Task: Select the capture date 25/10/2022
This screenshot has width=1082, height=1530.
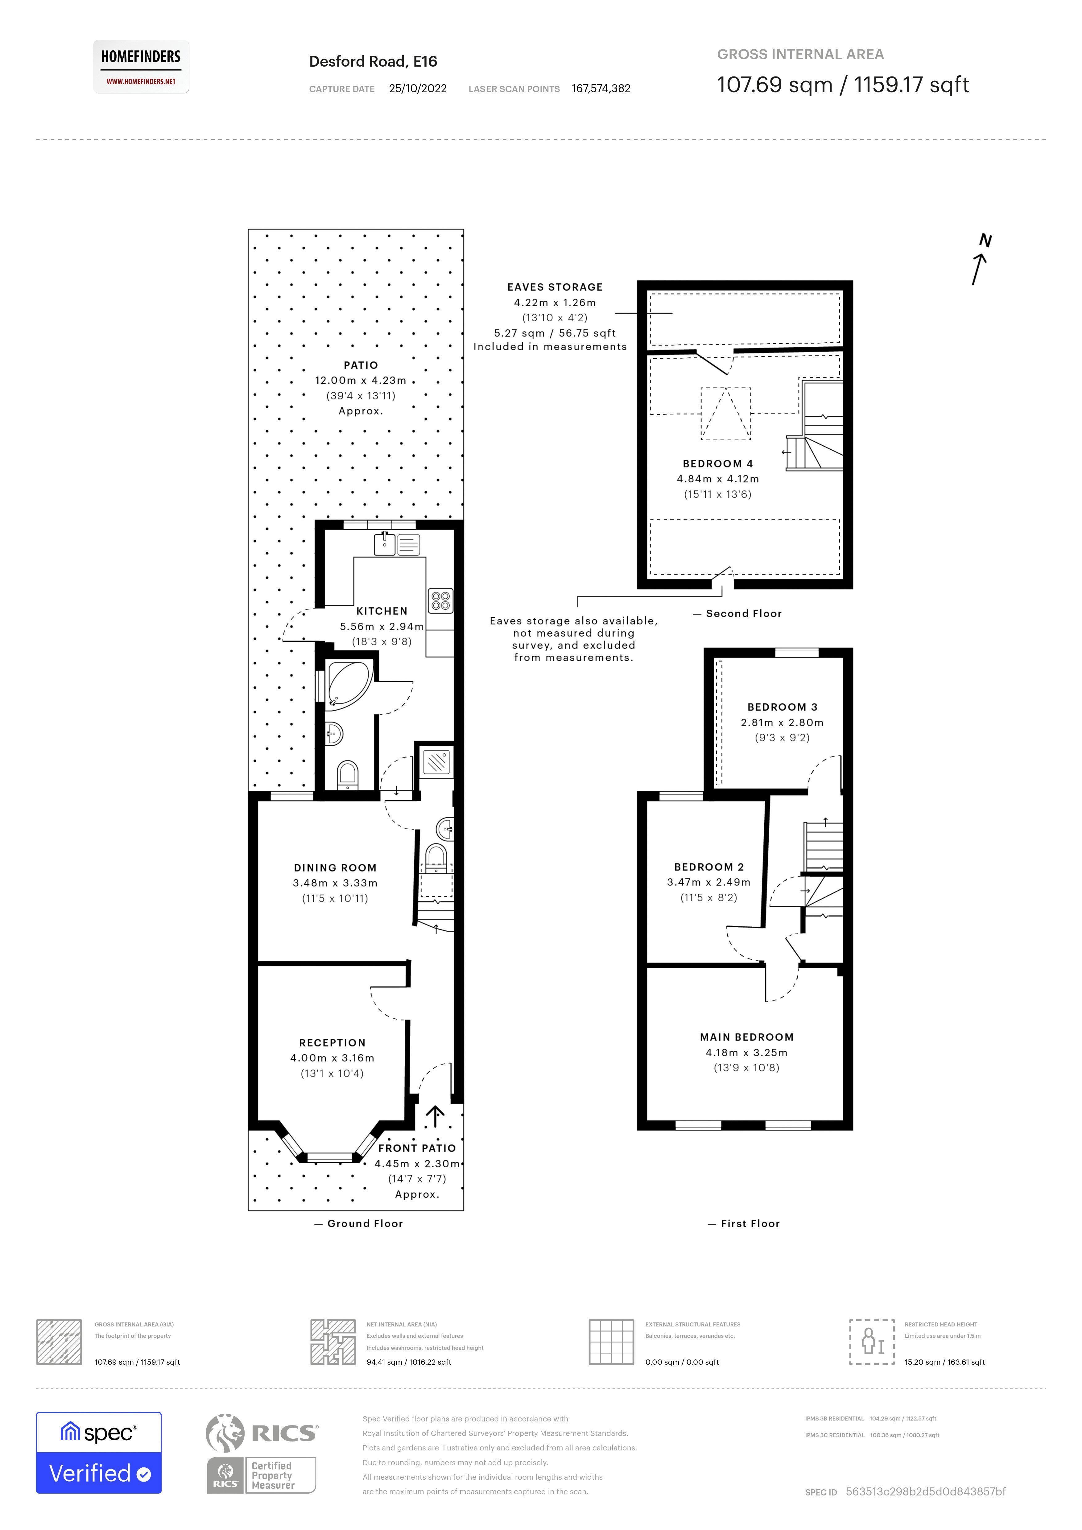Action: tap(418, 89)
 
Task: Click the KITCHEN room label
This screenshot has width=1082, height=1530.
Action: tap(382, 611)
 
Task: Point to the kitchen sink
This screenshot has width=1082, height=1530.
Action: tap(384, 544)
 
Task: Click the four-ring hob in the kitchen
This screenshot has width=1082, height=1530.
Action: tap(440, 600)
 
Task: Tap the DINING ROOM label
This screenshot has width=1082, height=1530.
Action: tap(335, 868)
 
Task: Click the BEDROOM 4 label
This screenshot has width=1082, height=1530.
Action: tap(717, 464)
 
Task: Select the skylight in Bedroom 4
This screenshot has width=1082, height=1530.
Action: tap(725, 414)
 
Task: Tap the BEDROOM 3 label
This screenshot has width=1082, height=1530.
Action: tap(782, 707)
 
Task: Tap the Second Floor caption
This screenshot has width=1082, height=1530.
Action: tap(744, 614)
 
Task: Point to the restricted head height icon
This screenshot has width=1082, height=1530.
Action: tap(871, 1342)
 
